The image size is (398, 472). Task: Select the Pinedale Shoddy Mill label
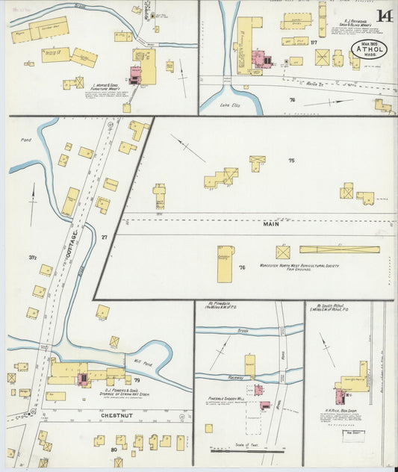[227, 399]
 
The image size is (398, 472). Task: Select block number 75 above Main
[291, 160]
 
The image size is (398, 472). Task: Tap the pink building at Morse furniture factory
[136, 74]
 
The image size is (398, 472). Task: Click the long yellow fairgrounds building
[339, 249]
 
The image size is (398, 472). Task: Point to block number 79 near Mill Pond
[137, 380]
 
